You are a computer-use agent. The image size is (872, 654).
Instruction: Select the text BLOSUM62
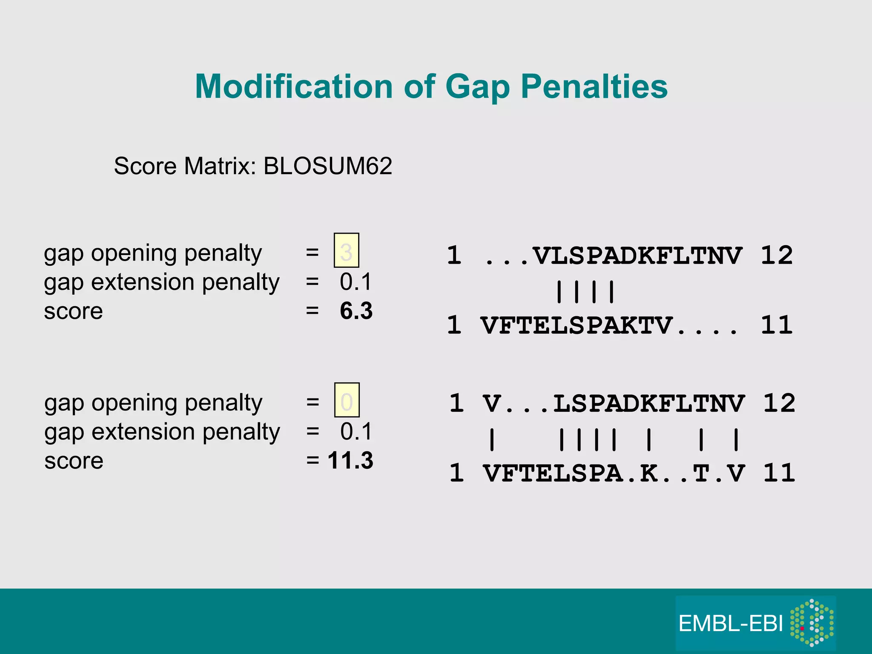pyautogui.click(x=327, y=166)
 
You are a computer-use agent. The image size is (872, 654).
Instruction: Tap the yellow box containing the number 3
pyautogui.click(x=346, y=250)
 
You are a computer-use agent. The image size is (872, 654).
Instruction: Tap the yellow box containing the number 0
pyautogui.click(x=347, y=400)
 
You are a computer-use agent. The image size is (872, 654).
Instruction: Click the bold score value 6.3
pyautogui.click(x=356, y=311)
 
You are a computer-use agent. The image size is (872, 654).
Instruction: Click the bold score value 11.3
pyautogui.click(x=350, y=461)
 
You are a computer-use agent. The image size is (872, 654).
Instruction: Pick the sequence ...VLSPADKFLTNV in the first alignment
pyautogui.click(x=613, y=256)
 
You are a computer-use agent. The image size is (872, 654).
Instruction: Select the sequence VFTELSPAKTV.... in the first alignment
pyautogui.click(x=609, y=326)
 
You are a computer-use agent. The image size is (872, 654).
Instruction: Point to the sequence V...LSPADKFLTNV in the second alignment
pyautogui.click(x=613, y=404)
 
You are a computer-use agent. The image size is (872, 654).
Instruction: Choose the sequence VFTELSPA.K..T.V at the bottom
pyautogui.click(x=613, y=473)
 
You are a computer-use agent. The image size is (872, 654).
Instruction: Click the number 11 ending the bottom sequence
pyautogui.click(x=779, y=473)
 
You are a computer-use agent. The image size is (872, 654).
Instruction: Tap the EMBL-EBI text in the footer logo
pyautogui.click(x=731, y=624)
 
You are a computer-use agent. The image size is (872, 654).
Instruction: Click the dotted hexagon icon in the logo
pyautogui.click(x=812, y=622)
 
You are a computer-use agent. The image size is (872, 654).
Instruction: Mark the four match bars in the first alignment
pyautogui.click(x=585, y=292)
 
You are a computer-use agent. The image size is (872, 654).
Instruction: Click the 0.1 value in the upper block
pyautogui.click(x=356, y=282)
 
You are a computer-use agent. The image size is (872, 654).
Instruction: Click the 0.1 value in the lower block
pyautogui.click(x=356, y=432)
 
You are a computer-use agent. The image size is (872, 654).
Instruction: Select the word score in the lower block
pyautogui.click(x=74, y=461)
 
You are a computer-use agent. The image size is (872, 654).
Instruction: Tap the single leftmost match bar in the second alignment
pyautogui.click(x=492, y=440)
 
